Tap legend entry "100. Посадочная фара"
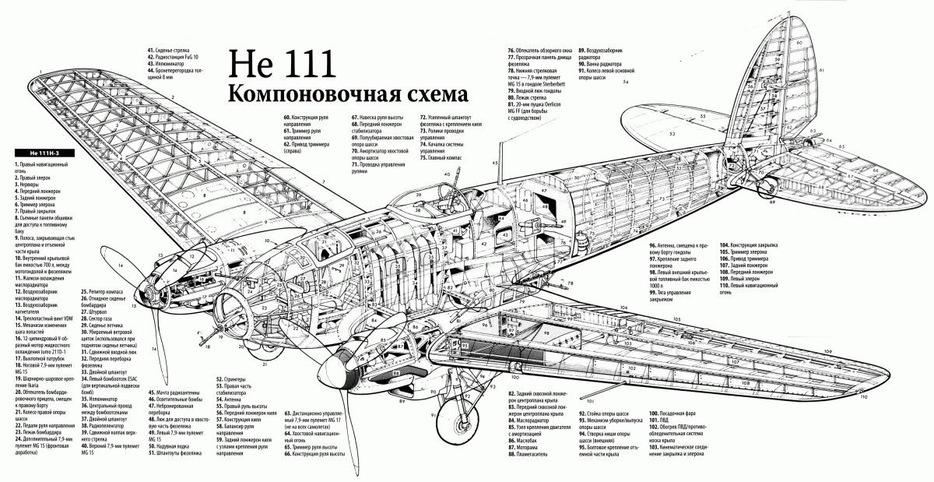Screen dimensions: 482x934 tap(672, 413)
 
